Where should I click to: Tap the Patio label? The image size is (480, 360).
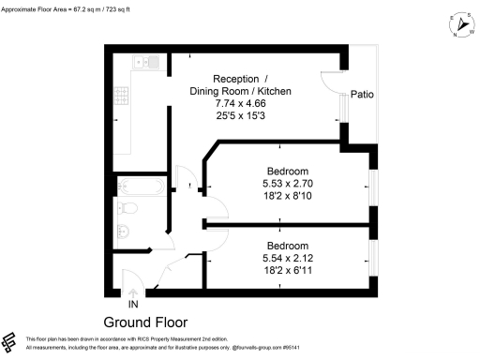[364, 94]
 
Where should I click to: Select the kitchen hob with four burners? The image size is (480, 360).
[121, 95]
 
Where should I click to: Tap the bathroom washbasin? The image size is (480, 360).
[123, 232]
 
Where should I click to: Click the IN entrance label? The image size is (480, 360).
[132, 304]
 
